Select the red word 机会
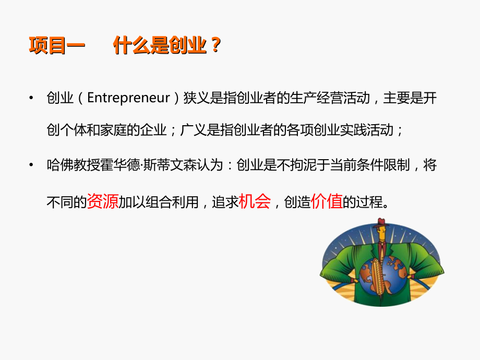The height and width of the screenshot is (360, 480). (x=255, y=201)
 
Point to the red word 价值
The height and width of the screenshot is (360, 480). (x=327, y=201)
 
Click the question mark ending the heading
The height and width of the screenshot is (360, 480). (x=213, y=46)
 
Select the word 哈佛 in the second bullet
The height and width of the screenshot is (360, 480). (x=61, y=166)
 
